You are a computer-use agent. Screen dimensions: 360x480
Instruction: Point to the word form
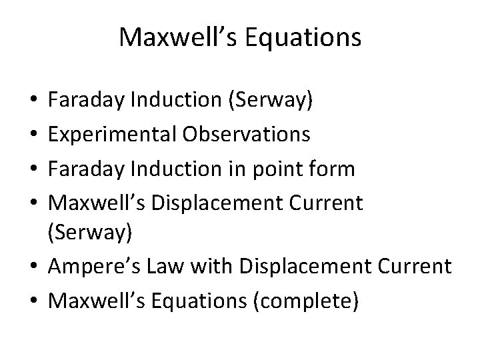333,169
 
